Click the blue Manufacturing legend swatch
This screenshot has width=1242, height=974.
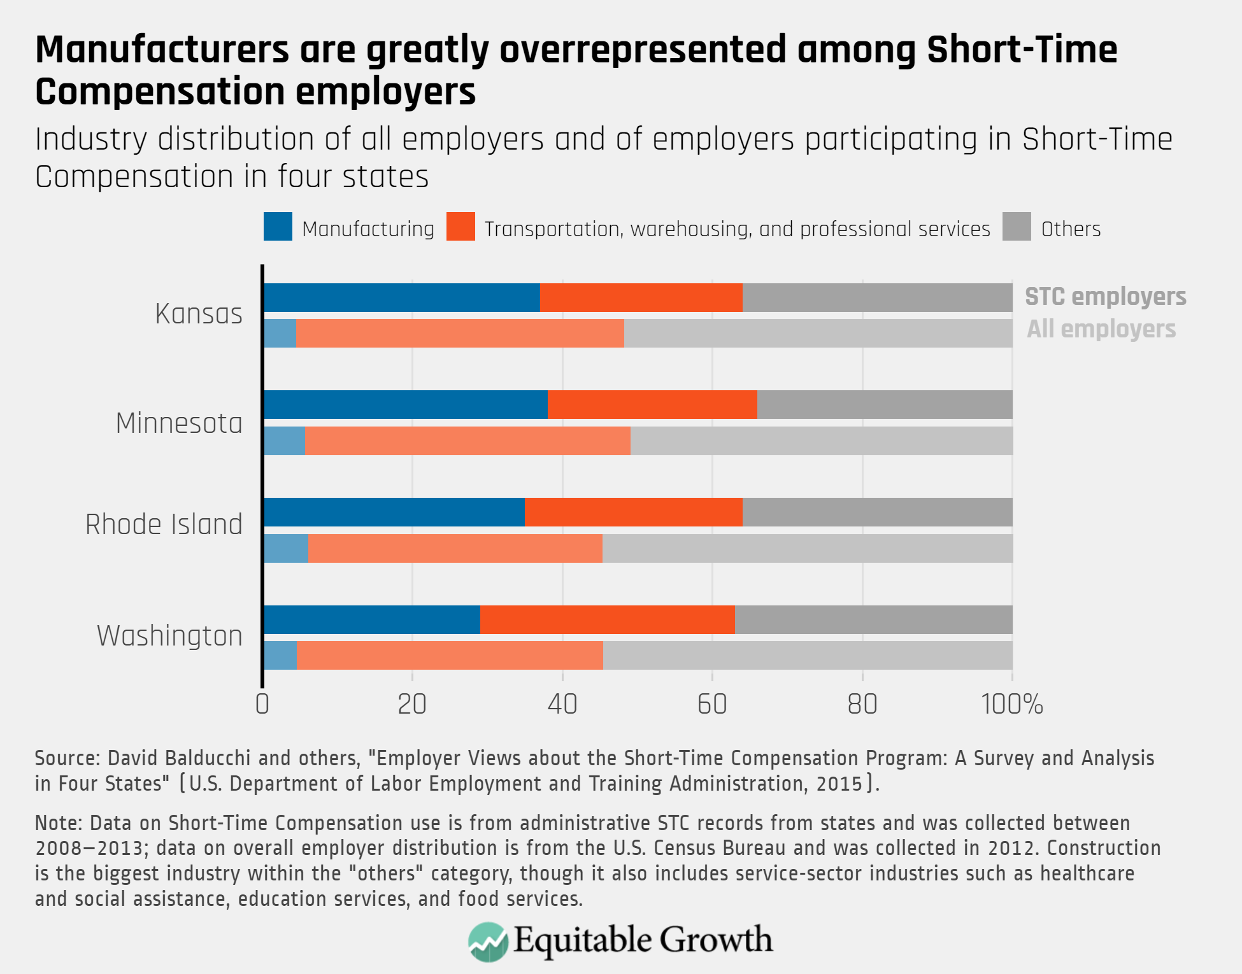pos(278,227)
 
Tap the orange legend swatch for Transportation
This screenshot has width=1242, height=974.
pos(460,227)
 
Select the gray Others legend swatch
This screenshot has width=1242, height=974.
pos(1017,227)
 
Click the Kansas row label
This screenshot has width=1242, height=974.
pos(199,314)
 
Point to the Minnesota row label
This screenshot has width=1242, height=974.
pos(179,423)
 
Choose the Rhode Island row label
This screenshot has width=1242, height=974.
pos(164,525)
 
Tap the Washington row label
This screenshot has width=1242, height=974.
pos(169,636)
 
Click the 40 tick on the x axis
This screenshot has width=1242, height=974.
pos(562,704)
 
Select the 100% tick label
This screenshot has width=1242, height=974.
pos(1011,704)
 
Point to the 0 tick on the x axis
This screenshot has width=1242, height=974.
pos(262,704)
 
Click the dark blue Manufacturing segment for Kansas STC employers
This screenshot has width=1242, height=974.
pos(401,298)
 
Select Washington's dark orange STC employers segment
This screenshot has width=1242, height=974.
pos(607,620)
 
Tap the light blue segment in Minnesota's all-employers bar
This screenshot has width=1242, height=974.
pos(284,441)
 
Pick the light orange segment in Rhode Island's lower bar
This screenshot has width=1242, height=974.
pos(455,549)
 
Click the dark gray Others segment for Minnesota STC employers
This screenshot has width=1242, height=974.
pos(885,405)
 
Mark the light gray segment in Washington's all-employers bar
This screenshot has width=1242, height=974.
pos(808,656)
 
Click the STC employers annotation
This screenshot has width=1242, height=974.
pos(1105,297)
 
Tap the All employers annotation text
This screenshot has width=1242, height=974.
pos(1101,329)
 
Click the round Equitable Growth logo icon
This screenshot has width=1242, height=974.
pos(488,942)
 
